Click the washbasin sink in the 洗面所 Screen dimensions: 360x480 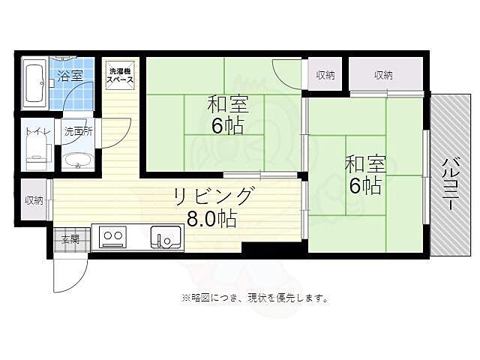(x=76, y=160)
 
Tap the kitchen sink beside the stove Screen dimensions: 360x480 (x=166, y=238)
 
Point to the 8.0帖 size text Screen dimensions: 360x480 (x=211, y=218)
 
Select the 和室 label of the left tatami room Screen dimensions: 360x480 (x=227, y=104)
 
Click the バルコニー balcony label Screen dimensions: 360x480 (x=450, y=183)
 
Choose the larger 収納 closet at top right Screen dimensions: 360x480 (x=383, y=74)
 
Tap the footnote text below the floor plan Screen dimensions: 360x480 (x=254, y=298)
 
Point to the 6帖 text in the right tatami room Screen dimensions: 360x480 (x=364, y=185)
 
